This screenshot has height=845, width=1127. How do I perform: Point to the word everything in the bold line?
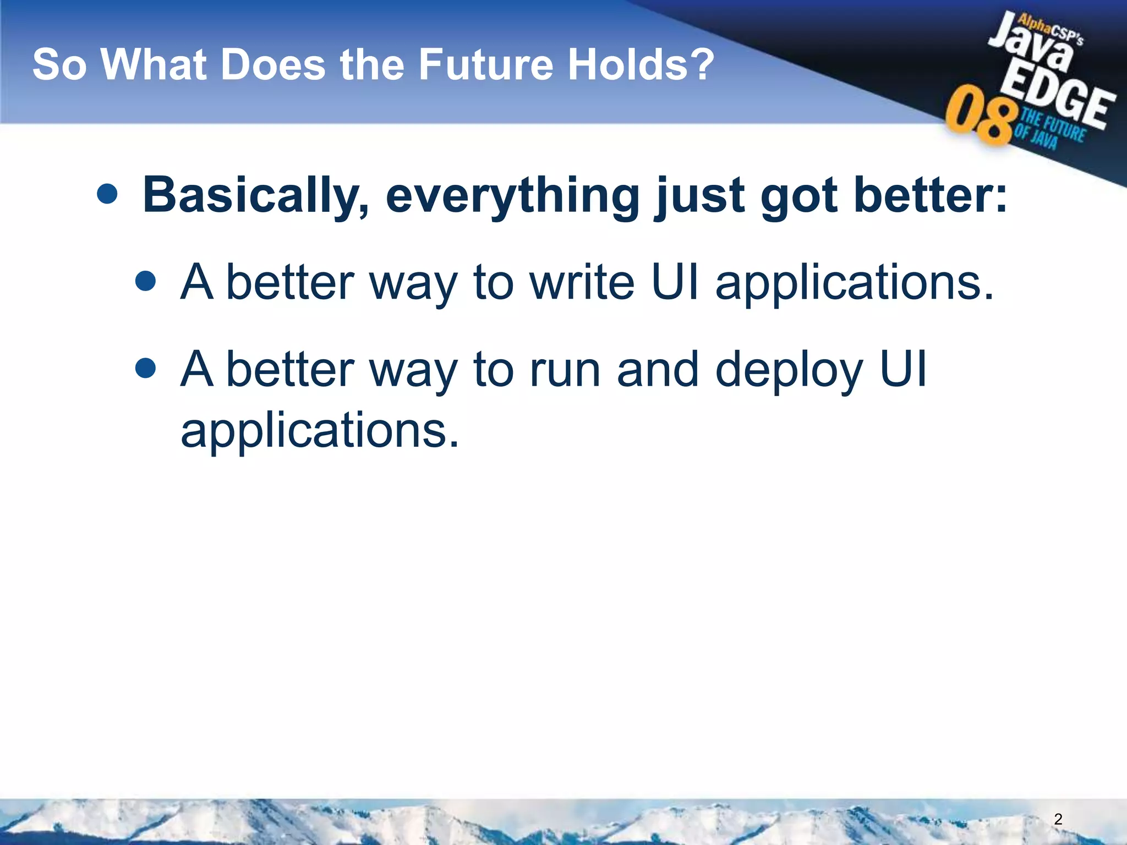pyautogui.click(x=512, y=196)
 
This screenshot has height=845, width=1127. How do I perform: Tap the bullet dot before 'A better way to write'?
pyautogui.click(x=145, y=281)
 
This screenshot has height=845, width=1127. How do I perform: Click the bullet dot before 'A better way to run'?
pyautogui.click(x=145, y=368)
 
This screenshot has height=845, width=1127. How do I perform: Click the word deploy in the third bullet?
pyautogui.click(x=788, y=370)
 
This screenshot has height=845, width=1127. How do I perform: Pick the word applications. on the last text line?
pyautogui.click(x=319, y=430)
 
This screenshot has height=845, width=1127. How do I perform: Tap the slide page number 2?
pyautogui.click(x=1058, y=819)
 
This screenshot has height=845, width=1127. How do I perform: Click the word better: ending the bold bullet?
pyautogui.click(x=930, y=196)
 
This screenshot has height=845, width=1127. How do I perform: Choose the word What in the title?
pyautogui.click(x=154, y=65)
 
